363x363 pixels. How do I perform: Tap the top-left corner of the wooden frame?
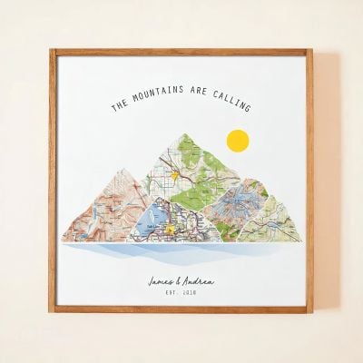(52, 51)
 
